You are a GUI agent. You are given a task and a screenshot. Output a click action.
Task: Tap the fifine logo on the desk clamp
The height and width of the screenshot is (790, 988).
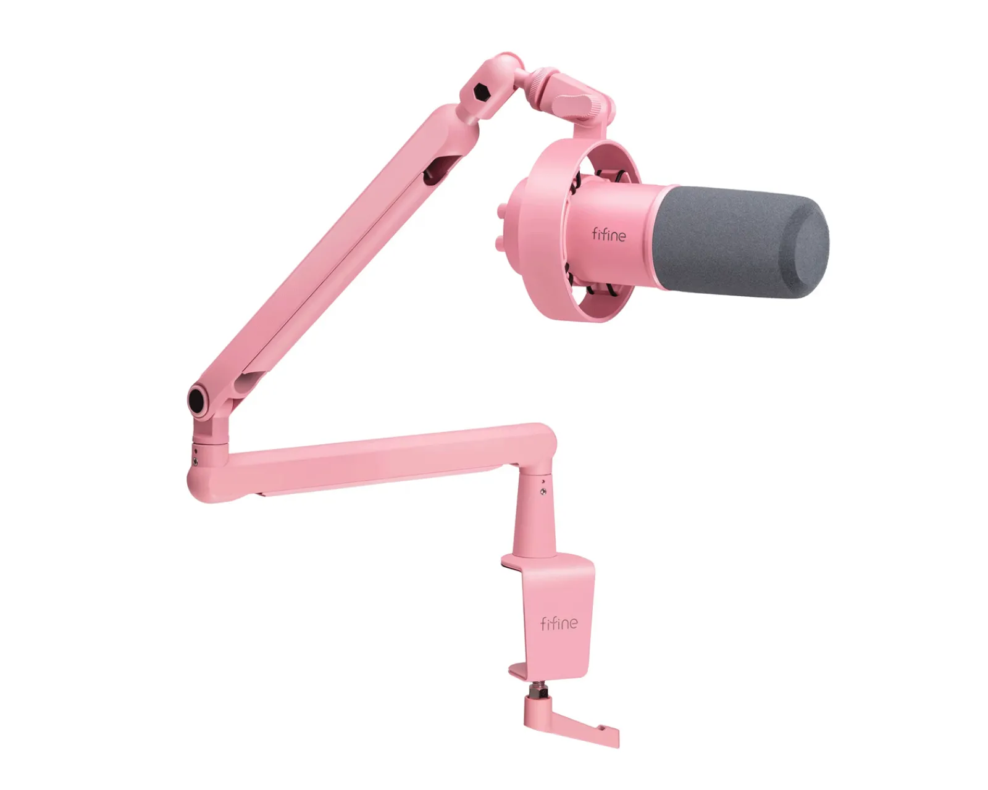558,623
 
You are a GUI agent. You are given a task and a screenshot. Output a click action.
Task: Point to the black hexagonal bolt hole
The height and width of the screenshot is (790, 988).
480,93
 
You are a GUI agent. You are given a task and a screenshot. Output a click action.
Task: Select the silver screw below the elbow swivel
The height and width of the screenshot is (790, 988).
196,462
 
